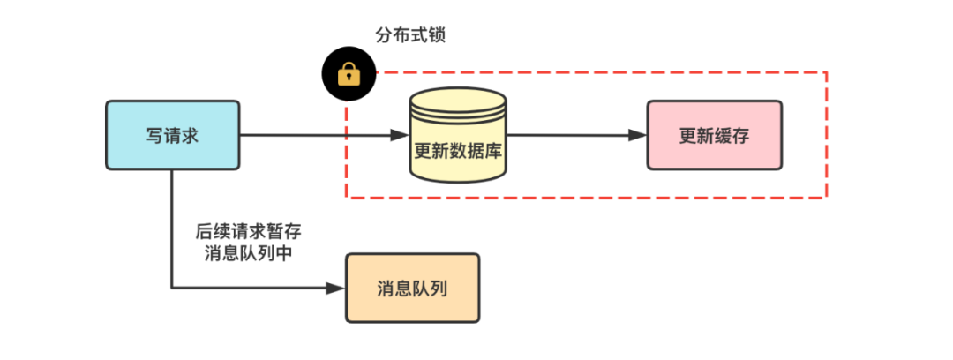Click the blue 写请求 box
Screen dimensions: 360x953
[x=172, y=135]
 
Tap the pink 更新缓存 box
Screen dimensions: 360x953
[x=714, y=135]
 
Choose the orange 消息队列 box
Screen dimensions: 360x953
[x=412, y=289]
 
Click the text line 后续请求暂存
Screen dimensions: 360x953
[x=249, y=232]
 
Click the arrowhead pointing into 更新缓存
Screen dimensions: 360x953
[x=638, y=135]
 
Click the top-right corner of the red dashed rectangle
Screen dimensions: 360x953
[x=826, y=72]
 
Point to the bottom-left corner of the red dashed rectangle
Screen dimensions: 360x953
[x=345, y=198]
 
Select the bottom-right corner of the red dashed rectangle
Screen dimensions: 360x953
[x=826, y=198]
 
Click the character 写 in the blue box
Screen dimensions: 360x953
[x=154, y=135]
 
